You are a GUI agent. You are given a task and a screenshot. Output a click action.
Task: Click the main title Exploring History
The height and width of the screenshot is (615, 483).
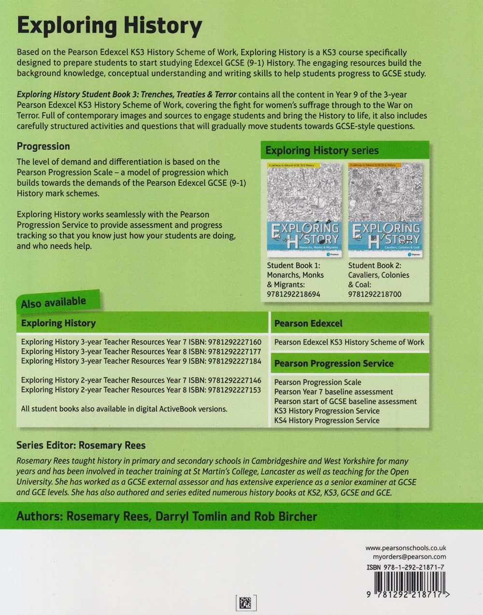point(109,26)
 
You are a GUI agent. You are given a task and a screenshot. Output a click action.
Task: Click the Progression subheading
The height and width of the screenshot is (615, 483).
point(43,146)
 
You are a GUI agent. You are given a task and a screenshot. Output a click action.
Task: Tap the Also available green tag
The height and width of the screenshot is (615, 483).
point(54,302)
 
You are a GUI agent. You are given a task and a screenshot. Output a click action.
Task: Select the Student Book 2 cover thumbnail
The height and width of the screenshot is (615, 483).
point(385,210)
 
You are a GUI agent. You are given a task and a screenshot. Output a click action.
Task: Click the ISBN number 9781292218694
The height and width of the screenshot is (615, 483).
point(293,294)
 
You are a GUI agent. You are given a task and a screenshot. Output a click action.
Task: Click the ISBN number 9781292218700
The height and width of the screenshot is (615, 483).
point(374,294)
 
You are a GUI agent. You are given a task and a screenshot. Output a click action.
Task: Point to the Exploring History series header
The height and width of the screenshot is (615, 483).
point(322,150)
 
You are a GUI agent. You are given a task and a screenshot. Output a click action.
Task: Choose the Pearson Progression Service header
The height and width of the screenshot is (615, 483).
point(334,364)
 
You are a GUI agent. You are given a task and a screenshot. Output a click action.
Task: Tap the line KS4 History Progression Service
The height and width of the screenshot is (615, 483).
point(327,421)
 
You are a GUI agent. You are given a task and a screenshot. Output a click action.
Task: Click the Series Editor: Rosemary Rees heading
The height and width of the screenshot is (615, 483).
point(81,445)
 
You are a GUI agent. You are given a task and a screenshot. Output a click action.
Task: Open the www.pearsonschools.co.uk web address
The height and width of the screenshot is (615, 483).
point(406,548)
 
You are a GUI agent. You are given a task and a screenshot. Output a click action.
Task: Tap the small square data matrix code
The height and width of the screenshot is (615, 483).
point(246,602)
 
